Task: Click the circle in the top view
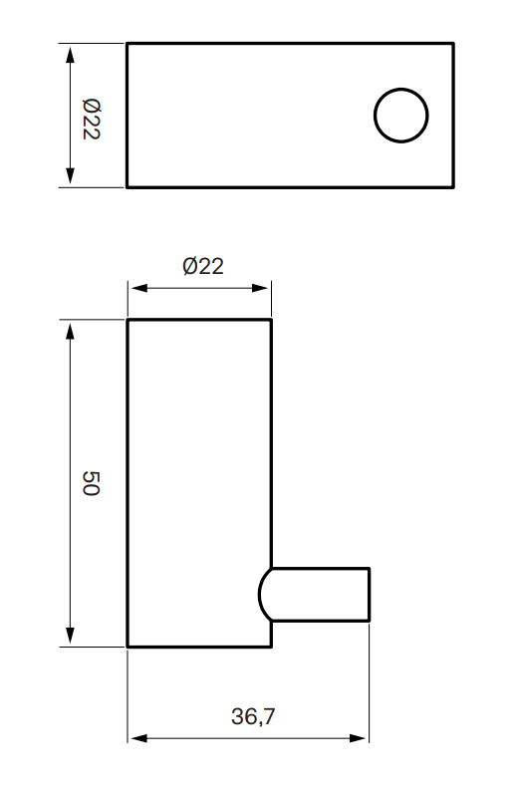[x=400, y=115]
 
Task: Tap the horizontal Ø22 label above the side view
[x=203, y=266]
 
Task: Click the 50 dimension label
[x=91, y=484]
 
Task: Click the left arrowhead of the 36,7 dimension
[x=135, y=738]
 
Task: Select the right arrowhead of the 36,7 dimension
[x=363, y=738]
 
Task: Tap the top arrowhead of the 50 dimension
[x=70, y=328]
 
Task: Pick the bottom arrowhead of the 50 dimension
[x=70, y=640]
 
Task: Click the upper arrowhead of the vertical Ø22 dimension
[x=70, y=51]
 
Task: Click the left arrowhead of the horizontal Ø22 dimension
[x=135, y=289]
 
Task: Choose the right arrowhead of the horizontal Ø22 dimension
[x=264, y=289]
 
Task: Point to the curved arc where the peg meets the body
[x=261, y=595]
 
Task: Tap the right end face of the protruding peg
[x=370, y=595]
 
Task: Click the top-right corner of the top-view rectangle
[x=453, y=43]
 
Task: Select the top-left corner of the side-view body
[x=128, y=320]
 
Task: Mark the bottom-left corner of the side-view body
[x=128, y=647]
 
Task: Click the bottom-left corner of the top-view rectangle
[x=127, y=186]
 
